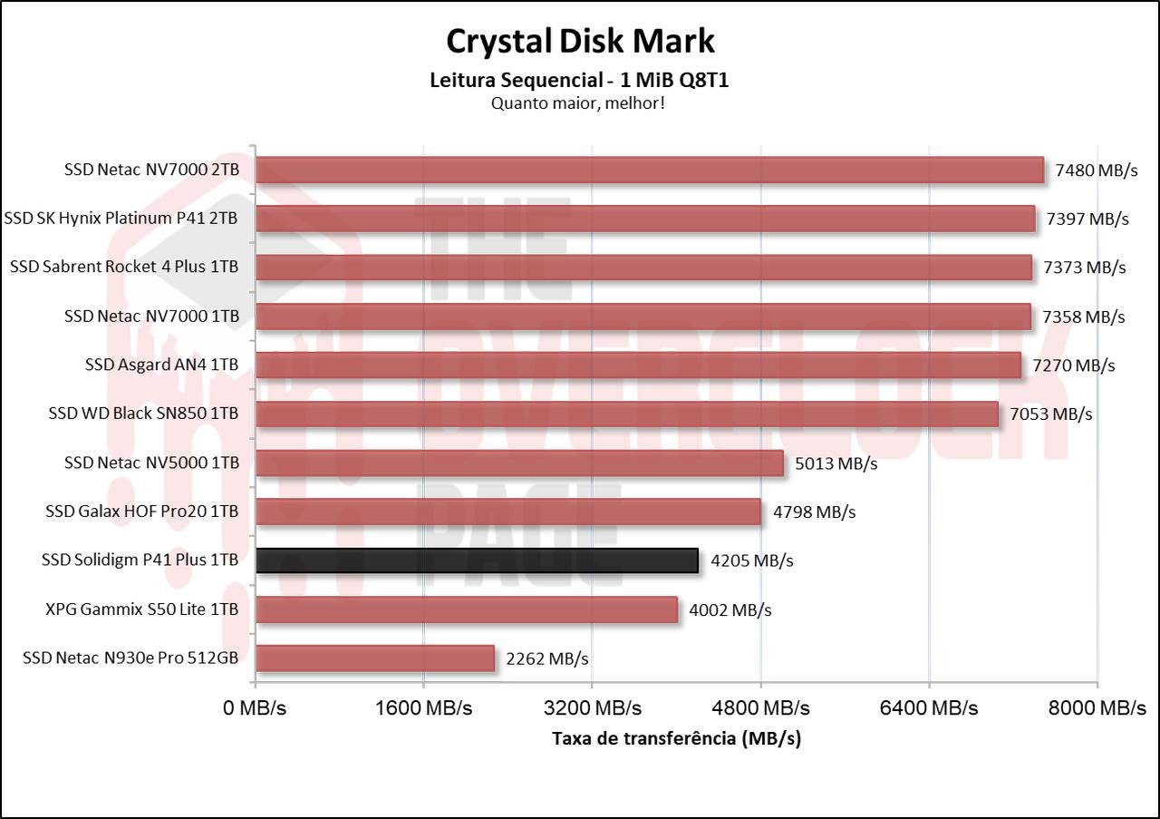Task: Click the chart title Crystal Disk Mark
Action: click(580, 41)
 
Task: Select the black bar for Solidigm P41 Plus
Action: click(477, 561)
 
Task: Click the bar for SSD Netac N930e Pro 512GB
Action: click(374, 658)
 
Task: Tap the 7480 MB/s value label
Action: click(1097, 170)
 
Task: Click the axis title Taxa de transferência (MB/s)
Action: click(676, 738)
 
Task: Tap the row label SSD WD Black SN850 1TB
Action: click(143, 414)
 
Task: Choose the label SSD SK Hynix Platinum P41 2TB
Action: click(121, 219)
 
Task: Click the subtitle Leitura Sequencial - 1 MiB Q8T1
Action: click(580, 80)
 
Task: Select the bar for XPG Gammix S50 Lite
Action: click(466, 609)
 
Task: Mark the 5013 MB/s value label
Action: click(836, 463)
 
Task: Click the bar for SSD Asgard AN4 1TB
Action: click(638, 366)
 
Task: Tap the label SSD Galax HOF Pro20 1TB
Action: click(142, 512)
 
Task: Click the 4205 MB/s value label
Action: click(752, 561)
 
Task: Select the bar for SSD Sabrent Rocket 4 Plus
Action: click(643, 268)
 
